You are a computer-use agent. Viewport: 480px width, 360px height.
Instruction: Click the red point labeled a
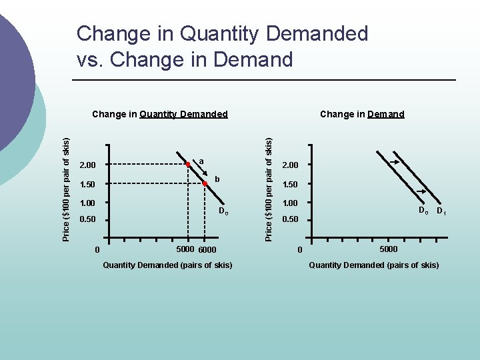pyautogui.click(x=189, y=164)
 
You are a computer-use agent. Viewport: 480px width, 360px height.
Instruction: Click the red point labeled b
pyautogui.click(x=205, y=183)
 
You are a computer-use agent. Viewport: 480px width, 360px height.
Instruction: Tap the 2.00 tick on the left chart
pyautogui.click(x=87, y=165)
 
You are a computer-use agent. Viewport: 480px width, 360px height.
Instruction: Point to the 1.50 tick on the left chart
pyautogui.click(x=87, y=184)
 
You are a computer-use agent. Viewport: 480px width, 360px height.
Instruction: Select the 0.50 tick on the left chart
pyautogui.click(x=87, y=219)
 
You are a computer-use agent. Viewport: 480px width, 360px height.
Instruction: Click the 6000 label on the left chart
pyautogui.click(x=207, y=250)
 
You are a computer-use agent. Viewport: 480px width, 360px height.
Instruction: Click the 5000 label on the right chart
pyautogui.click(x=389, y=249)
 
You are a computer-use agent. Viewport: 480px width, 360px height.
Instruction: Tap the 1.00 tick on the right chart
pyautogui.click(x=291, y=203)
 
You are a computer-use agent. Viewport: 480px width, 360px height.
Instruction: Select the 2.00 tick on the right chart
pyautogui.click(x=291, y=165)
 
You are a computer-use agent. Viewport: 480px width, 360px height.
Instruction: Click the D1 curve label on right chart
pyautogui.click(x=441, y=212)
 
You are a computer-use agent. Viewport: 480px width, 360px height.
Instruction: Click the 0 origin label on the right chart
pyautogui.click(x=299, y=250)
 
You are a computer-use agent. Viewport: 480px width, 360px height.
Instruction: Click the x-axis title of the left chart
pyautogui.click(x=167, y=265)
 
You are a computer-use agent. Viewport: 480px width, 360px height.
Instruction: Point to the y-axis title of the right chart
pyautogui.click(x=268, y=189)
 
